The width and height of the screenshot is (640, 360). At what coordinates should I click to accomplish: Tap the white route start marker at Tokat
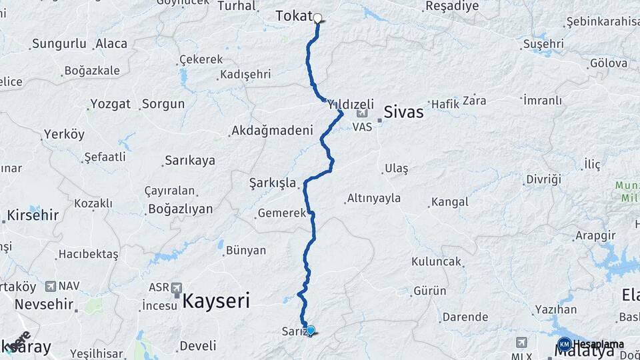[x=318, y=19]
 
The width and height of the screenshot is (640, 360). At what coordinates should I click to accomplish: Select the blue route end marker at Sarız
[x=310, y=329]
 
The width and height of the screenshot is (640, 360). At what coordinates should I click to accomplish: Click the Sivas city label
[x=403, y=112]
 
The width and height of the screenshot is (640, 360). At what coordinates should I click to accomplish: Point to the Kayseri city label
[x=216, y=301]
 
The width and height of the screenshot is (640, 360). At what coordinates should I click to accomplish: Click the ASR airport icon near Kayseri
[x=177, y=288]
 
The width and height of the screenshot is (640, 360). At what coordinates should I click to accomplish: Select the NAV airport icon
[x=51, y=286]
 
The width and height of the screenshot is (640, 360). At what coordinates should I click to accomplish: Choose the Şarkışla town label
[x=272, y=182]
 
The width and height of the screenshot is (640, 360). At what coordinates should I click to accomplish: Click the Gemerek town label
[x=281, y=214]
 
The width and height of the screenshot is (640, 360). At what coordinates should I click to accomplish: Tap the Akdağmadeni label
[x=272, y=131]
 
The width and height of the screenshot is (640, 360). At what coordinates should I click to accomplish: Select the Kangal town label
[x=449, y=201]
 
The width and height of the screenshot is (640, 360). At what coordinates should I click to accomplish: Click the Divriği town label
[x=543, y=179]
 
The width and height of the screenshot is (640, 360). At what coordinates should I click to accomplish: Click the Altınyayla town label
[x=373, y=198]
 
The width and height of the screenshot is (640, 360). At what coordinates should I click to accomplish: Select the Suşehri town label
[x=543, y=44]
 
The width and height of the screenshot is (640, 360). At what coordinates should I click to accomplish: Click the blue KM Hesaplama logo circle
[x=564, y=345]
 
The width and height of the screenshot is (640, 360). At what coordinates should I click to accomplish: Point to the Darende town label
[x=465, y=317]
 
